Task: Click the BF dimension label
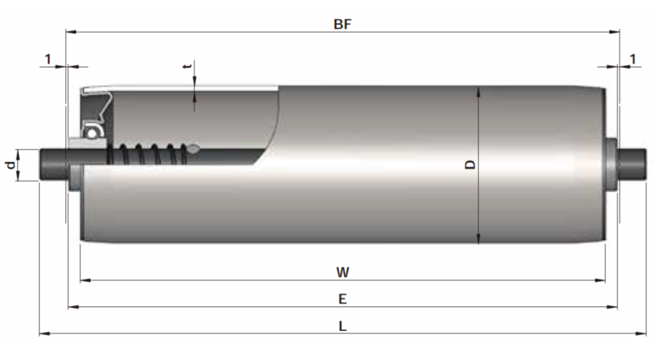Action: (x=342, y=24)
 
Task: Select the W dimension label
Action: (x=342, y=272)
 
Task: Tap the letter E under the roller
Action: (x=342, y=299)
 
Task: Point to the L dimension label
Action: (x=342, y=326)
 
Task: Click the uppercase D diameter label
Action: (x=470, y=165)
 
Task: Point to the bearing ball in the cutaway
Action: (x=93, y=132)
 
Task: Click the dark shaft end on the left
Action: (x=53, y=165)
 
